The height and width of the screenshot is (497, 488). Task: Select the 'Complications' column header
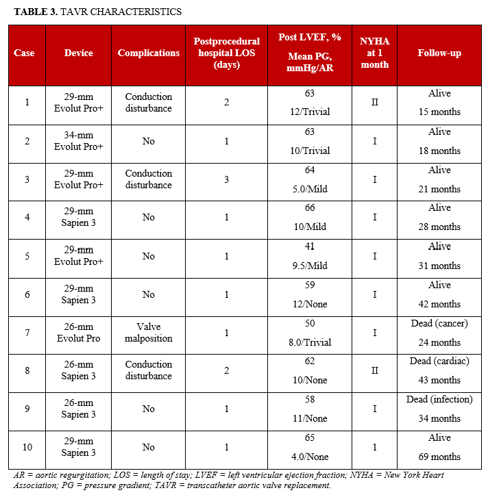click(x=149, y=53)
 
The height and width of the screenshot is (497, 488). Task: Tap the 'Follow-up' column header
click(x=439, y=53)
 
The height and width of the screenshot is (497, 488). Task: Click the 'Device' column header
click(x=79, y=53)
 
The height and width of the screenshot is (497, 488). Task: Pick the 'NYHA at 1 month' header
click(x=374, y=53)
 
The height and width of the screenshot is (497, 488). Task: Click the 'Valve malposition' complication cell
click(x=149, y=332)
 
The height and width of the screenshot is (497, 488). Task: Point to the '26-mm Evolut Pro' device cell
click(x=79, y=332)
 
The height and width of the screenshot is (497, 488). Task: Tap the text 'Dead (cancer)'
click(x=439, y=323)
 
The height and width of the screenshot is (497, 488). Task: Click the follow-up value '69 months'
click(x=439, y=457)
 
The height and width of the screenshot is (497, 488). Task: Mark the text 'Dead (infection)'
click(x=439, y=399)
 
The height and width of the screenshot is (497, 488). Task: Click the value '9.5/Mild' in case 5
click(x=309, y=266)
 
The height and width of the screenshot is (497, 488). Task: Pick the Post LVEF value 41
click(x=309, y=246)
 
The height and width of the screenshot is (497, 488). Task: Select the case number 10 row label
click(x=27, y=447)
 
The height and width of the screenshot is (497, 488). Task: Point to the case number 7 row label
click(x=27, y=332)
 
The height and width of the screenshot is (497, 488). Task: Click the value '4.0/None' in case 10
click(x=309, y=457)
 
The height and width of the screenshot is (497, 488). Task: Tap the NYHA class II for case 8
click(x=374, y=370)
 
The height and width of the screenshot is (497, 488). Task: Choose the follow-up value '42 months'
click(x=439, y=304)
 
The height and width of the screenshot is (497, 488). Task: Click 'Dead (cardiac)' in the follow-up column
click(x=439, y=361)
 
